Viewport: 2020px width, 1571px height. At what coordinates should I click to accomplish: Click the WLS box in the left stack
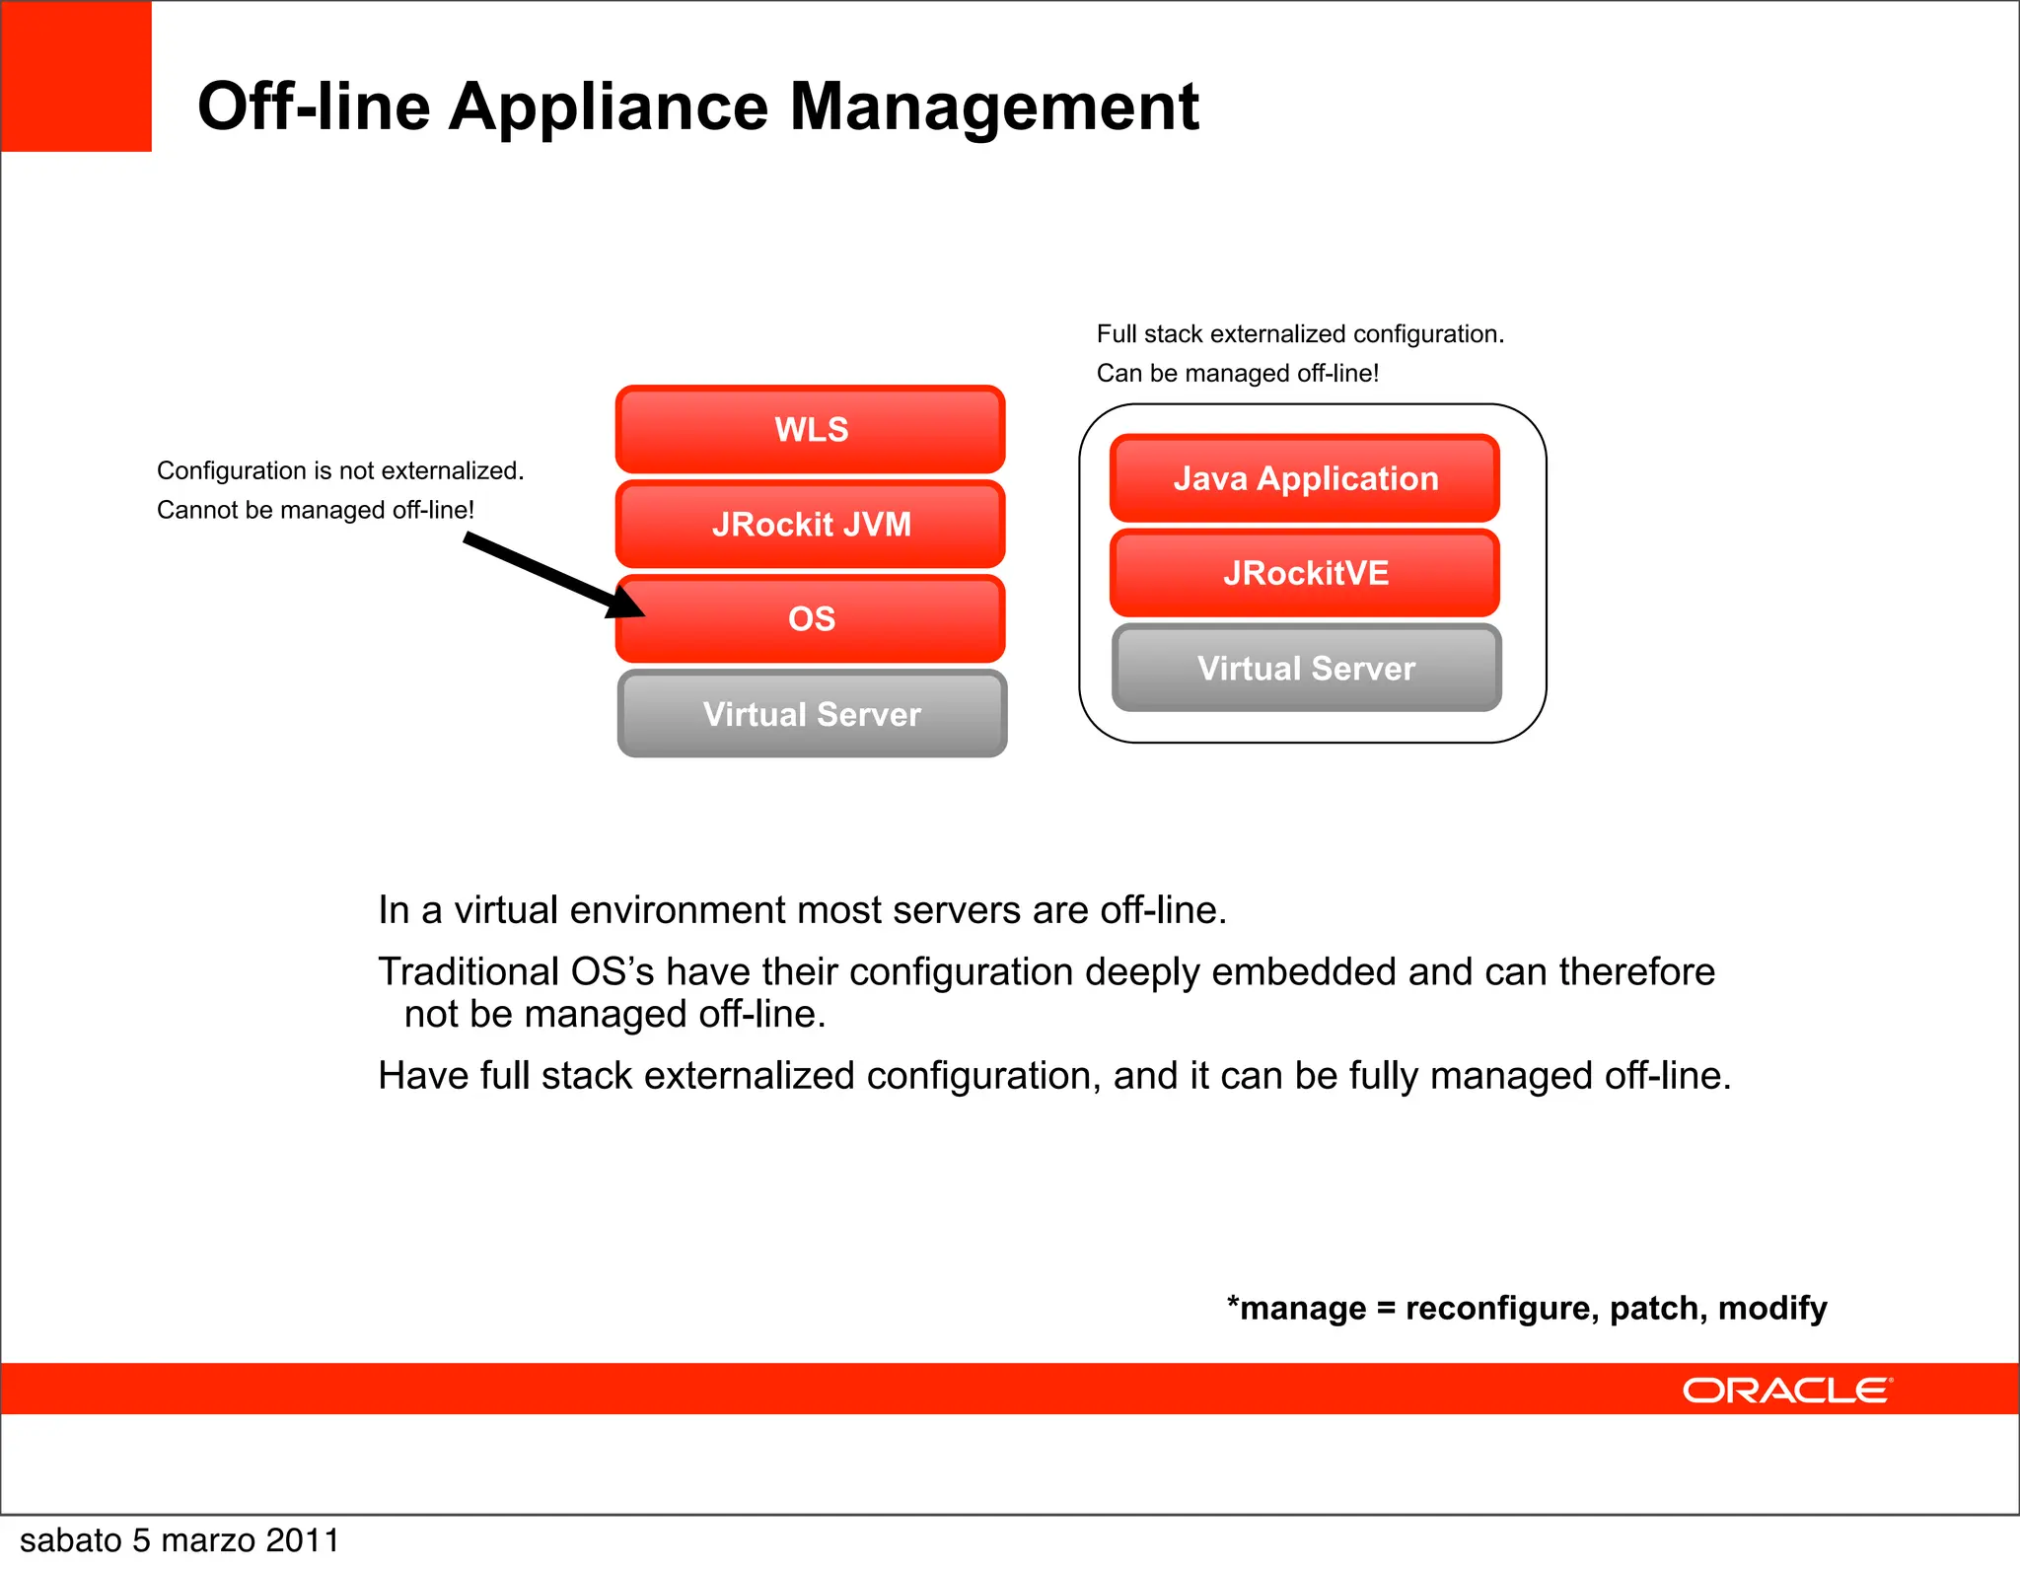[x=811, y=430]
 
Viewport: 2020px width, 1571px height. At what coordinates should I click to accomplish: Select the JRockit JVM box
[x=811, y=524]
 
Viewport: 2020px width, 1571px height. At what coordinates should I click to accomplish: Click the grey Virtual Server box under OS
[x=812, y=714]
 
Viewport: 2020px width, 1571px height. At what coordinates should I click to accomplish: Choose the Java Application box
[x=1305, y=478]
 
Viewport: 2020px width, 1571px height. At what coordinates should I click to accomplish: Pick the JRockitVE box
[x=1305, y=573]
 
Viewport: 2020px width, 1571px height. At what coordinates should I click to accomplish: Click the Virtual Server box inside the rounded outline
[x=1306, y=668]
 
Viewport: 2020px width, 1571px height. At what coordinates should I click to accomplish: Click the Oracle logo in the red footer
[x=1786, y=1391]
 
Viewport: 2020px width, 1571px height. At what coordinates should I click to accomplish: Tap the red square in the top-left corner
[x=76, y=76]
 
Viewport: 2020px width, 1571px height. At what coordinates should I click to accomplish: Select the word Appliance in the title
[x=608, y=107]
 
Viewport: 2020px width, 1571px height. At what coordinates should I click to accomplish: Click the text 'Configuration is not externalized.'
[x=339, y=470]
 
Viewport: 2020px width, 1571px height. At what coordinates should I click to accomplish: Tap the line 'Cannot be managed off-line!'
[x=316, y=510]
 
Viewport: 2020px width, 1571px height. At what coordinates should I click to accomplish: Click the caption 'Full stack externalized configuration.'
[x=1300, y=334]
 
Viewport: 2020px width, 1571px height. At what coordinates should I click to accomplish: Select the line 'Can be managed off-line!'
[x=1237, y=374]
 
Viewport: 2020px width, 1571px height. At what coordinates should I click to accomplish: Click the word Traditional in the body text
[x=469, y=972]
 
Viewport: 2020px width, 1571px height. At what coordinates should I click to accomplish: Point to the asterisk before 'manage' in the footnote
[x=1233, y=1302]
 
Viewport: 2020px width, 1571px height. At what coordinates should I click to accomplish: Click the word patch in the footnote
[x=1657, y=1309]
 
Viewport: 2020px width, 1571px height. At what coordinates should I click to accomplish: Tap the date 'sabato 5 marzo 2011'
[x=180, y=1540]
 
